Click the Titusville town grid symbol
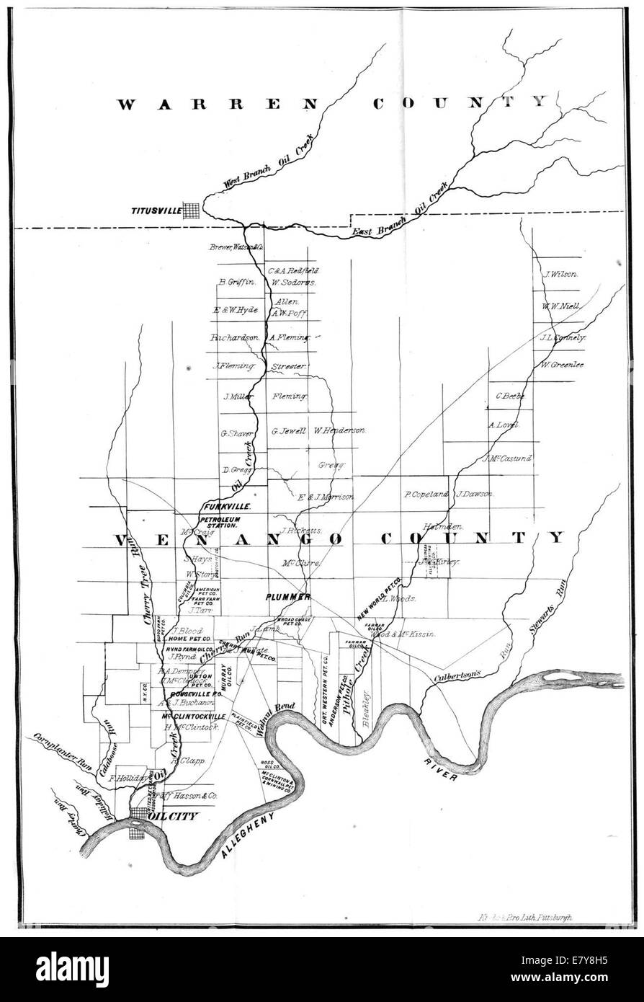click(x=192, y=210)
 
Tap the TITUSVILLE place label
click(x=154, y=211)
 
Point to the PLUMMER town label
click(x=287, y=598)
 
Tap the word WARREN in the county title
click(x=215, y=104)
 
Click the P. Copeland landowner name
click(x=426, y=495)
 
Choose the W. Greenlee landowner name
click(x=562, y=365)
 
